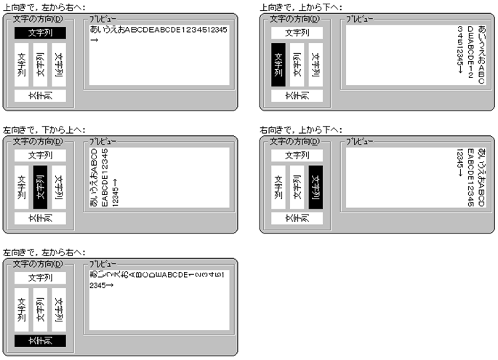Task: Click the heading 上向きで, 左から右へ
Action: (x=44, y=7)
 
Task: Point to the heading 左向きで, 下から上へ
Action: (x=44, y=129)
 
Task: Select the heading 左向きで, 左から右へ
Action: (x=44, y=252)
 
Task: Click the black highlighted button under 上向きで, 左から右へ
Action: (x=40, y=33)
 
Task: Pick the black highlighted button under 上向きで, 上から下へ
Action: (x=277, y=65)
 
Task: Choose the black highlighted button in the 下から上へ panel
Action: (x=40, y=187)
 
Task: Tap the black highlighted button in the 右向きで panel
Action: (x=316, y=187)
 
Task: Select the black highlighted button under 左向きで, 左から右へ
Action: (x=40, y=340)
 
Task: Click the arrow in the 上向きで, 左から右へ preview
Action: (x=95, y=40)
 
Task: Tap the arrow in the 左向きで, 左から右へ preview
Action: (x=109, y=285)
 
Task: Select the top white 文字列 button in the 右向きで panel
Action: (x=296, y=155)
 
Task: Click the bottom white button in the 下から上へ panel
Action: (x=40, y=217)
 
